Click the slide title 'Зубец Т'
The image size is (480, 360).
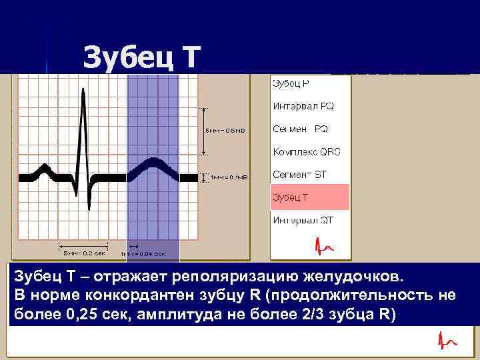[x=141, y=58]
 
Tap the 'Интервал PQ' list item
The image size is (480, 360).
[x=303, y=105]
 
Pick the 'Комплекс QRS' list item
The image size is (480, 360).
[x=306, y=151]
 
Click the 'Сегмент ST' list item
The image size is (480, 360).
[x=299, y=175]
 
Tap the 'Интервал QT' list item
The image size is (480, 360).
[x=303, y=220]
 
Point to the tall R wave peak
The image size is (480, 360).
[x=84, y=93]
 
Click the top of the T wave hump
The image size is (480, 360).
[x=154, y=162]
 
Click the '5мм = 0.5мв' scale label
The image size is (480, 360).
[x=225, y=131]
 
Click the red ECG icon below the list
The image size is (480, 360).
[x=325, y=247]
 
